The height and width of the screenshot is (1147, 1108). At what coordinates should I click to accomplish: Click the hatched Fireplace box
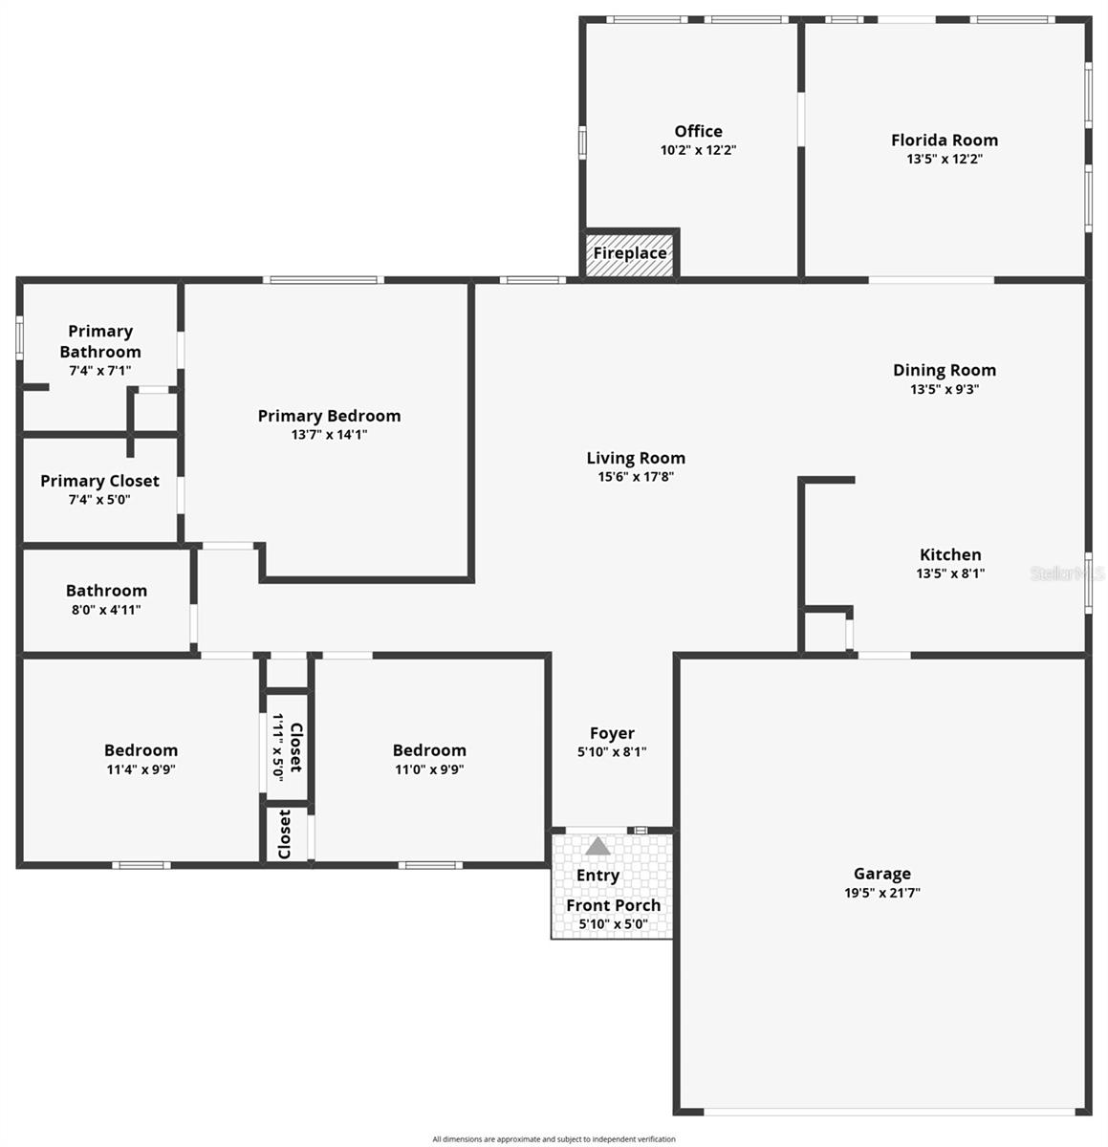tap(630, 253)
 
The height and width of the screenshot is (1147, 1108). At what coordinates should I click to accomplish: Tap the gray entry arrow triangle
tap(597, 847)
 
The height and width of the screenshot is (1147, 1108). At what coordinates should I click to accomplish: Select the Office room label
tap(698, 132)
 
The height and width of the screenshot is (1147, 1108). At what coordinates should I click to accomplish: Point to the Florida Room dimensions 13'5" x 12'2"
tap(945, 160)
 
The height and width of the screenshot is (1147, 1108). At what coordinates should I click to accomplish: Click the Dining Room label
tap(945, 370)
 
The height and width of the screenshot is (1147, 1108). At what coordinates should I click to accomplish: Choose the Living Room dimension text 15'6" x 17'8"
tap(636, 477)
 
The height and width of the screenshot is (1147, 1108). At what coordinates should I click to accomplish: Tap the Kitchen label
tap(950, 554)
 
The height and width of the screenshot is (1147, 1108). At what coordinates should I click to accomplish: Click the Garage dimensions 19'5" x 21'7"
tap(881, 893)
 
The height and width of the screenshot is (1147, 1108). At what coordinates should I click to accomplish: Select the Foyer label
tap(612, 733)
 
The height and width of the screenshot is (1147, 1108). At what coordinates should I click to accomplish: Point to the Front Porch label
tap(613, 905)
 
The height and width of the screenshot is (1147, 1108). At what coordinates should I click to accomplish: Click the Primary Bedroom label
tap(329, 416)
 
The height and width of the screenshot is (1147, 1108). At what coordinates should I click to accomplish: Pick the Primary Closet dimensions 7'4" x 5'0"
tap(99, 500)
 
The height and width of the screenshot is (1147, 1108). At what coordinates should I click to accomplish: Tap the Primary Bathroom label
tap(100, 341)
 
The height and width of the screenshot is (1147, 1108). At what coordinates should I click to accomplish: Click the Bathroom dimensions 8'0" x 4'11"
tap(106, 610)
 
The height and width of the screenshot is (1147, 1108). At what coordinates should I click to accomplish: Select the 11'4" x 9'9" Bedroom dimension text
tap(141, 769)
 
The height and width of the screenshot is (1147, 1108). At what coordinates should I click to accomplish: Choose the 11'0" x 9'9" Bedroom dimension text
tap(429, 769)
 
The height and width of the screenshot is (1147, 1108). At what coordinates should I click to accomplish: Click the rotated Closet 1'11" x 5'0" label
tap(287, 747)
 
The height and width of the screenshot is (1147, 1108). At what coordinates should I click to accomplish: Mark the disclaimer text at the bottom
tap(554, 1139)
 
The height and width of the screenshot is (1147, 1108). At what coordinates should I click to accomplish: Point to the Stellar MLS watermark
tap(1067, 573)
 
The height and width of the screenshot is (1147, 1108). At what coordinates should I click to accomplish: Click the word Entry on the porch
tap(597, 876)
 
